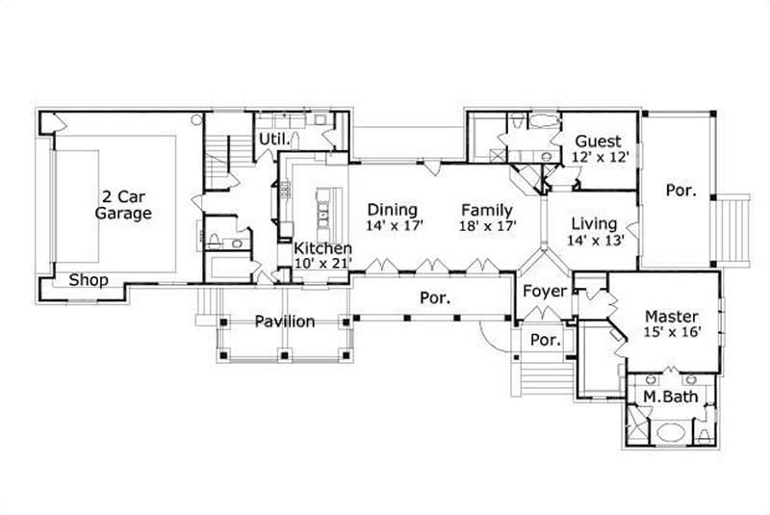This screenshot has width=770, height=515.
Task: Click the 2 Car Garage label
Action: pos(122,204)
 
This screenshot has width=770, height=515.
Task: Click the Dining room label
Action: pos(393,209)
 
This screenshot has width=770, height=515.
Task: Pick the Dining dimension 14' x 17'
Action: pos(395,225)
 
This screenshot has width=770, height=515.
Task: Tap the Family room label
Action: pos(486,209)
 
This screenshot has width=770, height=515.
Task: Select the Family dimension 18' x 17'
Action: pos(488,225)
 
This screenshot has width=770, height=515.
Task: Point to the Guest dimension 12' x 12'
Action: pos(600,157)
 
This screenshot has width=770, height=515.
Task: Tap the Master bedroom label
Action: pos(672,316)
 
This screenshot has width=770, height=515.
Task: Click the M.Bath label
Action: pos(663,397)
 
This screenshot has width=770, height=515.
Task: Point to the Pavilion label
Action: pos(285,322)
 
